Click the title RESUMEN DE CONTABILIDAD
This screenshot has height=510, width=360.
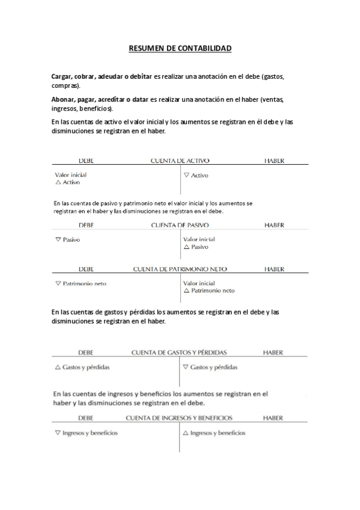[x=180, y=48]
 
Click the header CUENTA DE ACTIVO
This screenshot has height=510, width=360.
[x=180, y=161]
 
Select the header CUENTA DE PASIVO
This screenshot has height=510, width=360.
[x=180, y=225]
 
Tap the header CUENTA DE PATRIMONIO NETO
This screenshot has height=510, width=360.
[x=180, y=269]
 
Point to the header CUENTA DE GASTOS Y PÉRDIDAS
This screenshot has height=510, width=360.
[x=179, y=352]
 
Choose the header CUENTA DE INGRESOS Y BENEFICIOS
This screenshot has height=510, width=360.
[x=179, y=417]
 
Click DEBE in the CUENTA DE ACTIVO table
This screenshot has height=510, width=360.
[x=86, y=161]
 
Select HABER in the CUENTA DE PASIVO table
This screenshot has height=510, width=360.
[x=274, y=225]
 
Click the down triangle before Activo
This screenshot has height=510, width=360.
[x=186, y=175]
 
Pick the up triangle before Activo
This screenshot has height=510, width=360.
[x=58, y=182]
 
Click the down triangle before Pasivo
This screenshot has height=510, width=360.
[x=58, y=239]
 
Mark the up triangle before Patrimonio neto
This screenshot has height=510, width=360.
[x=186, y=290]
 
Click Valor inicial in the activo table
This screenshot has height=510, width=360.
[x=70, y=175]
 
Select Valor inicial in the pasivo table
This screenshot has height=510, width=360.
[x=199, y=239]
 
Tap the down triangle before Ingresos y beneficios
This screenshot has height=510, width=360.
[x=58, y=432]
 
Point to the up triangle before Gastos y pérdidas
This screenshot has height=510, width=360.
[x=58, y=367]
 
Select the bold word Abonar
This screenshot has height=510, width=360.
[x=63, y=100]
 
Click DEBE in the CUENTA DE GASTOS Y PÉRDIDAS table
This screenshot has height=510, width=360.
[x=86, y=352]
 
